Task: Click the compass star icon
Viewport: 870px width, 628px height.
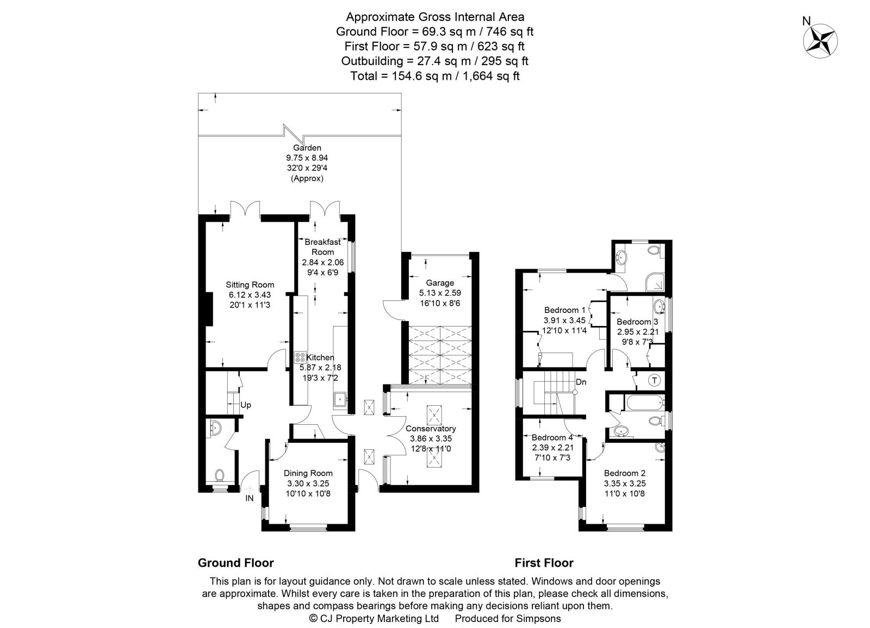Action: click(x=821, y=41)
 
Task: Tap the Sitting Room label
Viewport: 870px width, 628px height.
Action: click(x=250, y=285)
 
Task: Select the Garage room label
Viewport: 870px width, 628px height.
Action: click(x=440, y=283)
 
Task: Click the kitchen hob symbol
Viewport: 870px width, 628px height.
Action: click(x=300, y=357)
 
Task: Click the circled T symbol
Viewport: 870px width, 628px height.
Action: click(x=655, y=380)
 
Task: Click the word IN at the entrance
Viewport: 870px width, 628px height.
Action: click(x=250, y=498)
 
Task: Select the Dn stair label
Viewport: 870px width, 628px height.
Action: click(x=581, y=382)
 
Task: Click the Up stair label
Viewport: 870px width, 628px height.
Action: click(x=245, y=405)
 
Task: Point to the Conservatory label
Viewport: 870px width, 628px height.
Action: click(x=431, y=429)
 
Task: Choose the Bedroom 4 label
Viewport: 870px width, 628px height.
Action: click(x=552, y=437)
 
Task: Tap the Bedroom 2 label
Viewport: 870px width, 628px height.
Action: click(x=625, y=473)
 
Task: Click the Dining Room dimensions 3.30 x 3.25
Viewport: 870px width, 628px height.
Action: click(x=308, y=483)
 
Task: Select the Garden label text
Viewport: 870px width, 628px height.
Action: click(x=307, y=147)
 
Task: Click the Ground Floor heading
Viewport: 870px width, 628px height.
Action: click(x=236, y=563)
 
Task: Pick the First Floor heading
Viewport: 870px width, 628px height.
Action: click(x=544, y=563)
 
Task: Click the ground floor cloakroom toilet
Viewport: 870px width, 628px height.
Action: click(x=220, y=475)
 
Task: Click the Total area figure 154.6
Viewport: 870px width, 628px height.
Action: click(x=407, y=76)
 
